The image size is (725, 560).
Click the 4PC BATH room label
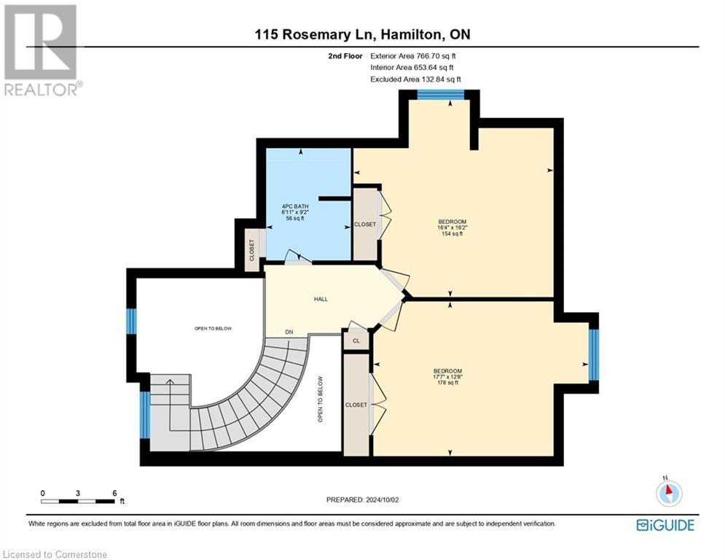pyautogui.click(x=295, y=206)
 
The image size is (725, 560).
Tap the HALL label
pyautogui.click(x=321, y=299)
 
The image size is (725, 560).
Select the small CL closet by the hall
pyautogui.click(x=356, y=341)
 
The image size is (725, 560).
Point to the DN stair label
pyautogui.click(x=289, y=332)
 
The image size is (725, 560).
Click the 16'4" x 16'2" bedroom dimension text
pyautogui.click(x=452, y=227)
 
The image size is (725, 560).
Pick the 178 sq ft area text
pyautogui.click(x=447, y=383)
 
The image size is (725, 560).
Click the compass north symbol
pyautogui.click(x=669, y=492)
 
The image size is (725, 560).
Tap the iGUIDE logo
pyautogui.click(x=665, y=525)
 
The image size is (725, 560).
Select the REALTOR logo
pyautogui.click(x=42, y=50)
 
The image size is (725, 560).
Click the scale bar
pyautogui.click(x=78, y=501)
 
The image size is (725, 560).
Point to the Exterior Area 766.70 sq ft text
pyautogui.click(x=413, y=56)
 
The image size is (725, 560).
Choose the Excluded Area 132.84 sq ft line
pyautogui.click(x=415, y=79)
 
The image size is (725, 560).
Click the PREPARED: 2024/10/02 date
pyautogui.click(x=363, y=499)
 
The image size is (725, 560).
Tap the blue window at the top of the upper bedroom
pyautogui.click(x=441, y=94)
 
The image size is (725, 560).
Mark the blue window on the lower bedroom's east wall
pyautogui.click(x=594, y=355)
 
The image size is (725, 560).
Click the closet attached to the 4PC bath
pyautogui.click(x=252, y=250)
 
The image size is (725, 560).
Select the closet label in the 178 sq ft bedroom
pyautogui.click(x=356, y=405)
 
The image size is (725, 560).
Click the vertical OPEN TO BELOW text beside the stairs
pyautogui.click(x=320, y=399)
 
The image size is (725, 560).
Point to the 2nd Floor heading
pyautogui.click(x=345, y=56)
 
